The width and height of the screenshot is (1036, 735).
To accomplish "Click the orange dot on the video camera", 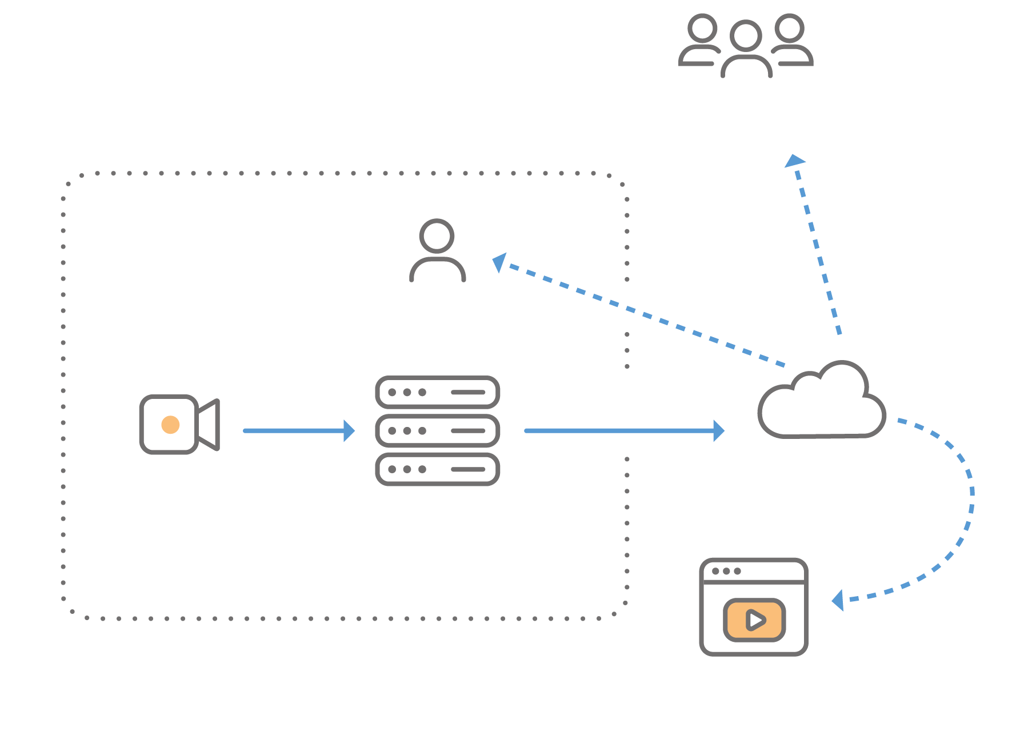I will tap(170, 425).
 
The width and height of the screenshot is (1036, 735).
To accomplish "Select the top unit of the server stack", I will tap(437, 392).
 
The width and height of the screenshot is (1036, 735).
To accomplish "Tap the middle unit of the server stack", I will tap(437, 430).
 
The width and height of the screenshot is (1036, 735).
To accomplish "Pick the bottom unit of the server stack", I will tap(437, 469).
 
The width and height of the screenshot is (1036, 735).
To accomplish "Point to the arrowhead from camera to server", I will tap(349, 430).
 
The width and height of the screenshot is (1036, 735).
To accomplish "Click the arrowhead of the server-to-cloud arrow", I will tap(719, 430).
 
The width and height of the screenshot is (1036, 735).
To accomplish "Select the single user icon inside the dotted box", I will tap(437, 251).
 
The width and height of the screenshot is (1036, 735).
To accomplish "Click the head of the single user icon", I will tap(437, 235).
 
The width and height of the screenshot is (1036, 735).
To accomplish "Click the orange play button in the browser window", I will tap(754, 620).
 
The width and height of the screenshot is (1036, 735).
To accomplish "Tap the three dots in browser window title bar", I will tap(726, 571).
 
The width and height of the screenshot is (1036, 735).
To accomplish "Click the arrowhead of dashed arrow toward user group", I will tap(794, 161).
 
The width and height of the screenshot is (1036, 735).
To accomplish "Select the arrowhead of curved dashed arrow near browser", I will tap(838, 601).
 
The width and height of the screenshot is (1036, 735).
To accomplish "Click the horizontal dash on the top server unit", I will tap(468, 392).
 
